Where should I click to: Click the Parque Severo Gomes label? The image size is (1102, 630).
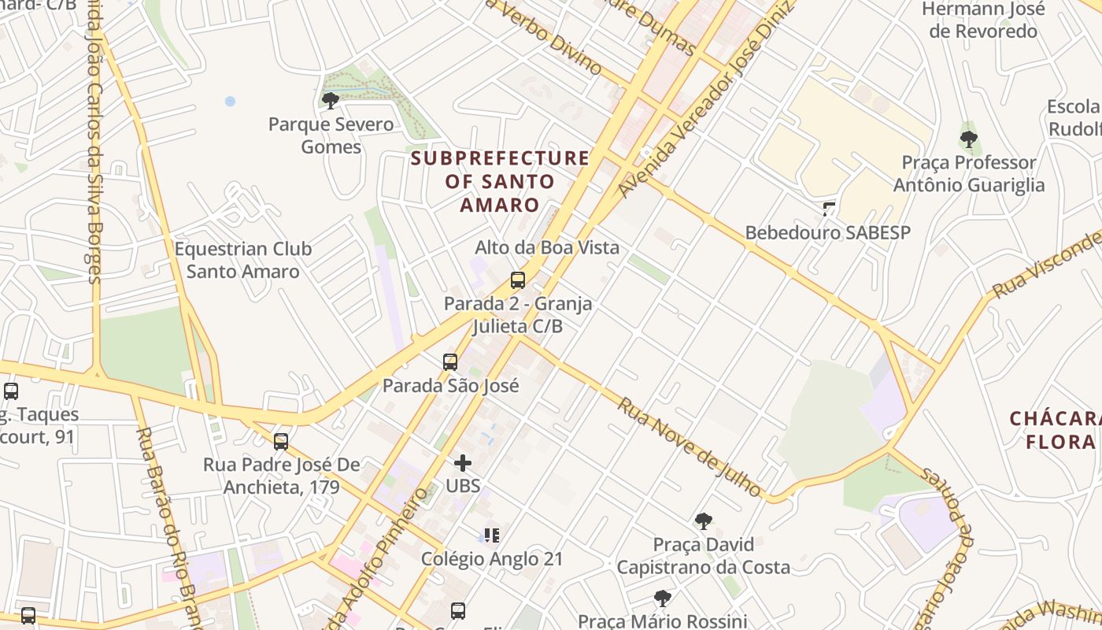point(331,135)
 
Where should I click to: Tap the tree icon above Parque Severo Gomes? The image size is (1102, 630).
point(331,100)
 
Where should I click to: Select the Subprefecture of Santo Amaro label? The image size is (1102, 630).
point(500,181)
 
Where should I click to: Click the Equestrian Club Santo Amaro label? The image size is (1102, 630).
point(243,261)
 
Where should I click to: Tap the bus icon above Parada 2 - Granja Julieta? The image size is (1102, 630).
point(518,280)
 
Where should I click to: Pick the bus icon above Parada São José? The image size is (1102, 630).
point(450,362)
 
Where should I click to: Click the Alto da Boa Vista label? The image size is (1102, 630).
point(546,247)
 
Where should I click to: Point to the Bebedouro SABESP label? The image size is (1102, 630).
point(827,233)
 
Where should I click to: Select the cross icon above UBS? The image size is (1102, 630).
point(463,462)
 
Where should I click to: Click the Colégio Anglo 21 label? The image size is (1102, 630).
point(492,559)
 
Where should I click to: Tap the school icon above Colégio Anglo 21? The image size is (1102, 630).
point(492,535)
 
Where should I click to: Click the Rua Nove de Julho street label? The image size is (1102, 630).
point(690,447)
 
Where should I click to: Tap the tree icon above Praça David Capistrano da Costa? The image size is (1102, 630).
point(703,521)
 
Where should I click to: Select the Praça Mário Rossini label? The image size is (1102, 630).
point(662,621)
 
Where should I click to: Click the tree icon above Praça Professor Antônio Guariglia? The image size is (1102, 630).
point(968,139)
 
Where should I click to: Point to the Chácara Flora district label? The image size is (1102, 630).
point(1055,430)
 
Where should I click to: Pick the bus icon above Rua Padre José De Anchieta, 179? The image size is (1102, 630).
point(281,442)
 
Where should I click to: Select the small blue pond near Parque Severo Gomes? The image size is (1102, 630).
point(230,102)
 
